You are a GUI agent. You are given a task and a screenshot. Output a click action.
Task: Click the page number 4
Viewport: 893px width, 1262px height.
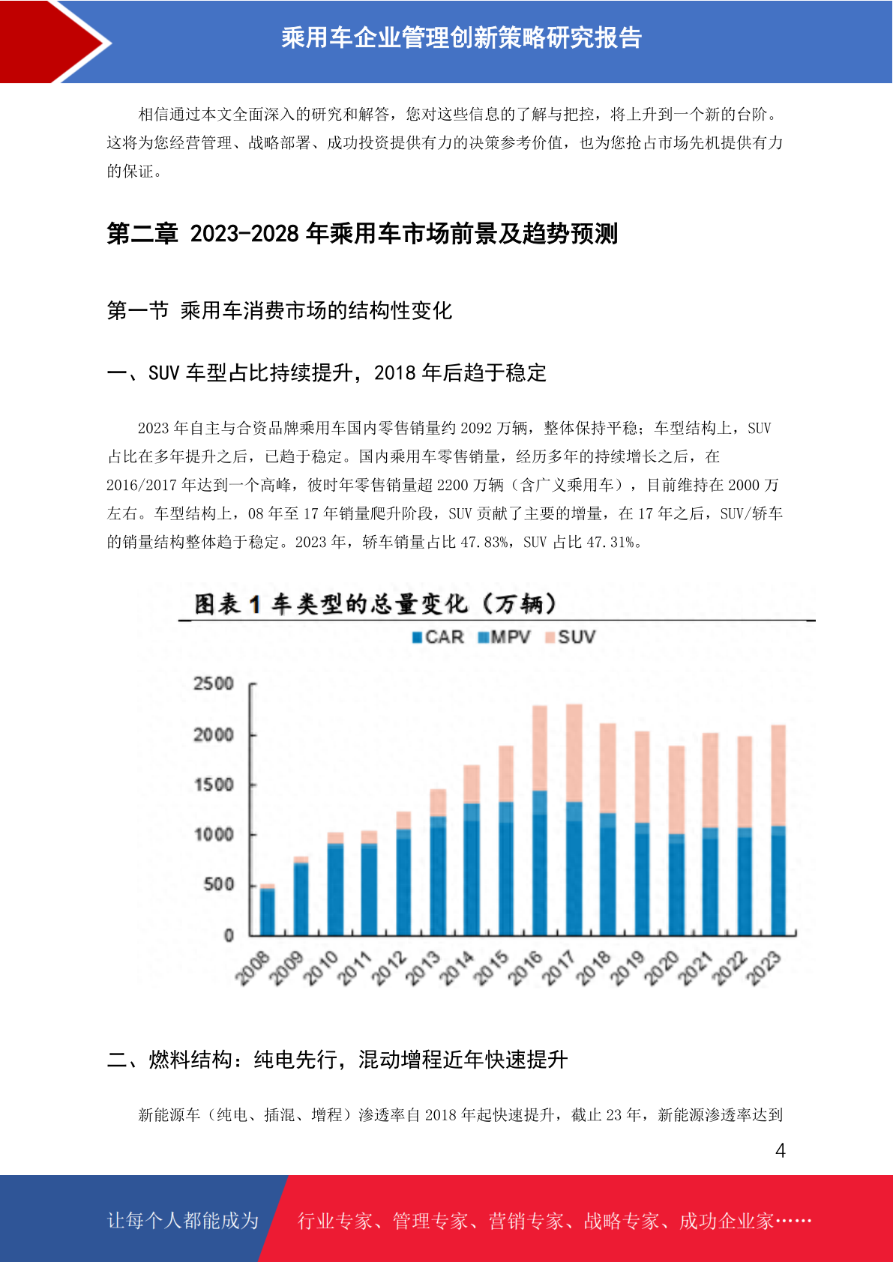781,1150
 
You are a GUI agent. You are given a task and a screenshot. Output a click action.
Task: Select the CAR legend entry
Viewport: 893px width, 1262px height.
438,637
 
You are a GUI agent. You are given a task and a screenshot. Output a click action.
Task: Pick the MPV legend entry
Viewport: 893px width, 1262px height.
504,637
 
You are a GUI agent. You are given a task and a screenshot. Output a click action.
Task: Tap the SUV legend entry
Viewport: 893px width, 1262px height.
570,637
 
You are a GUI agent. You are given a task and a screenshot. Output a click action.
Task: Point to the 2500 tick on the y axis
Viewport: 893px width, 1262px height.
213,683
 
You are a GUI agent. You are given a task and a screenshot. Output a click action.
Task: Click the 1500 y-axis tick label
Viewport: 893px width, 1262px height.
213,785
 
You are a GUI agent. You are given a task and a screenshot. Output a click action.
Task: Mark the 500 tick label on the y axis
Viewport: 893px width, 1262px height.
218,884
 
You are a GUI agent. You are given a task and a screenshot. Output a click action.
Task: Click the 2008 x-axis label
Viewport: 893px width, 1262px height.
253,968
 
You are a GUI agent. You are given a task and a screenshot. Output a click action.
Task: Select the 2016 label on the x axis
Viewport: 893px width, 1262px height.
525,968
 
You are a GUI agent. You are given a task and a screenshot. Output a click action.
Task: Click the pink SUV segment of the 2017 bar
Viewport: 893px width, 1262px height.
574,752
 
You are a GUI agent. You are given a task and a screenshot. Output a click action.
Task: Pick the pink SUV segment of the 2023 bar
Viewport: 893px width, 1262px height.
778,775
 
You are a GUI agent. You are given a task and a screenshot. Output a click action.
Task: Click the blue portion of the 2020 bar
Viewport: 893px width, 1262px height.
676,885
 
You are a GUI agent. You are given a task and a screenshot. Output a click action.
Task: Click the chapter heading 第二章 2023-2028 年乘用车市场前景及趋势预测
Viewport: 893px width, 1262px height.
362,233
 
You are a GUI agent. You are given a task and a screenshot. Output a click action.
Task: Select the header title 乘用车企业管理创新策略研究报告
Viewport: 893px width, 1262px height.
462,37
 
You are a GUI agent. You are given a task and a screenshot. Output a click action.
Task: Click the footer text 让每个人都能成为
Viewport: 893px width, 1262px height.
183,1220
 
